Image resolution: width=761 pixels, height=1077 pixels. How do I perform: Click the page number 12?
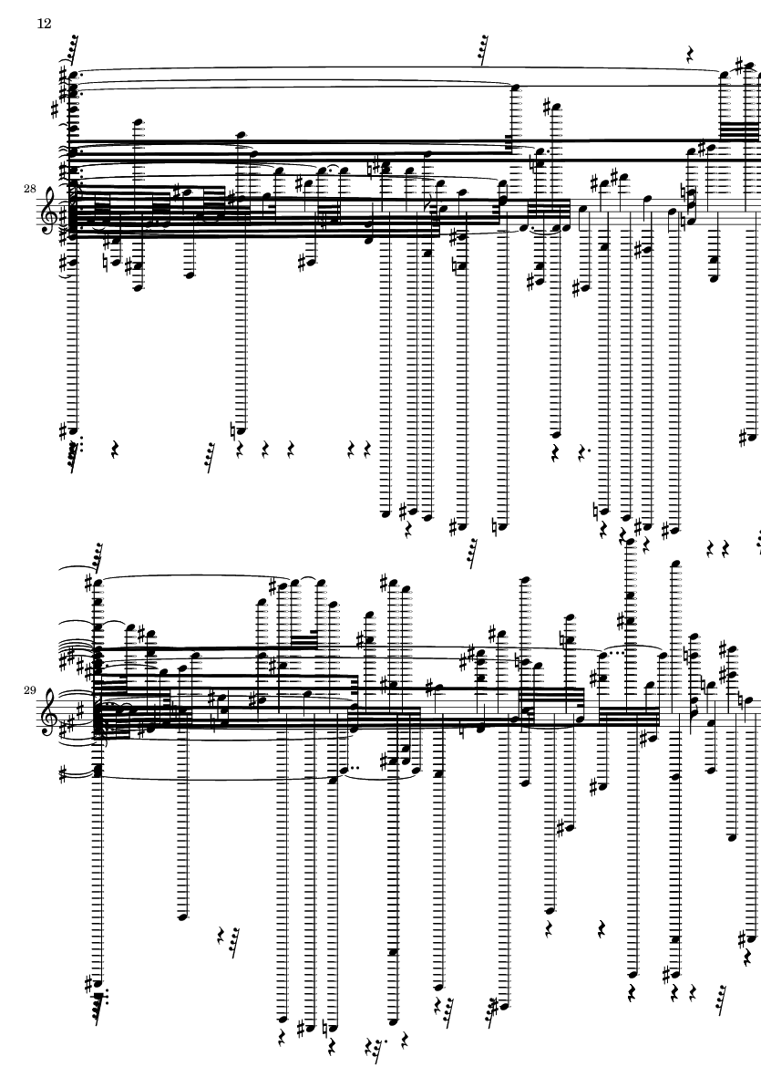point(44,24)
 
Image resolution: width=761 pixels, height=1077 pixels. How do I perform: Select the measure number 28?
point(30,188)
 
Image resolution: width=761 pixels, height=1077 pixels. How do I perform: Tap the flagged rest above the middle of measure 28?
point(484,51)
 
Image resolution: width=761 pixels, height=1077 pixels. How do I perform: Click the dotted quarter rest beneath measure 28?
point(583,451)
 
